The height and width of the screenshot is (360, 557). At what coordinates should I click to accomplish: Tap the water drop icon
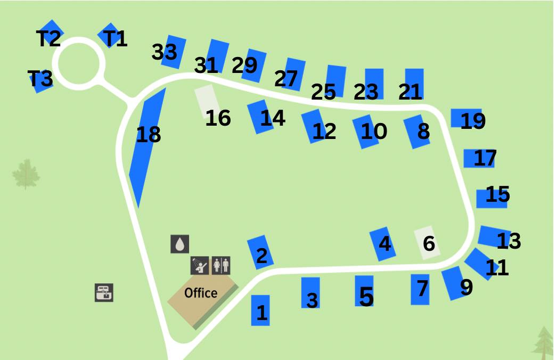pos(180,244)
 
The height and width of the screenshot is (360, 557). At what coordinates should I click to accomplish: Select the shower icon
pos(199,265)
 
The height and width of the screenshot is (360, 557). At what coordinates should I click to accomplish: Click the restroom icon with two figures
pos(221,265)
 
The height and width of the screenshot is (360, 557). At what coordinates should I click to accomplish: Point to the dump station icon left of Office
pos(104,292)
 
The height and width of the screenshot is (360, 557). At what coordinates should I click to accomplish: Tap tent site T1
pos(110,35)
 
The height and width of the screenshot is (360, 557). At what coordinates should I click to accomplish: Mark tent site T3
pos(40,80)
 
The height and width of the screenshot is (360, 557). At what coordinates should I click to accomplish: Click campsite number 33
pos(173,52)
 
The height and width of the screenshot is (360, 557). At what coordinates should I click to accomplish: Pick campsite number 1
pos(260,310)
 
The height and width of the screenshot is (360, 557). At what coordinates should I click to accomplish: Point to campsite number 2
pos(260,252)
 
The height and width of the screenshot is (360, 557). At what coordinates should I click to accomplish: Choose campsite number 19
pos(464,118)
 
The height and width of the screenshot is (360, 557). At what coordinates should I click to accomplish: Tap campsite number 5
pos(364,291)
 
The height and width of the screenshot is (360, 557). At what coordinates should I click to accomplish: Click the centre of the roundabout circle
pos(79,62)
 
